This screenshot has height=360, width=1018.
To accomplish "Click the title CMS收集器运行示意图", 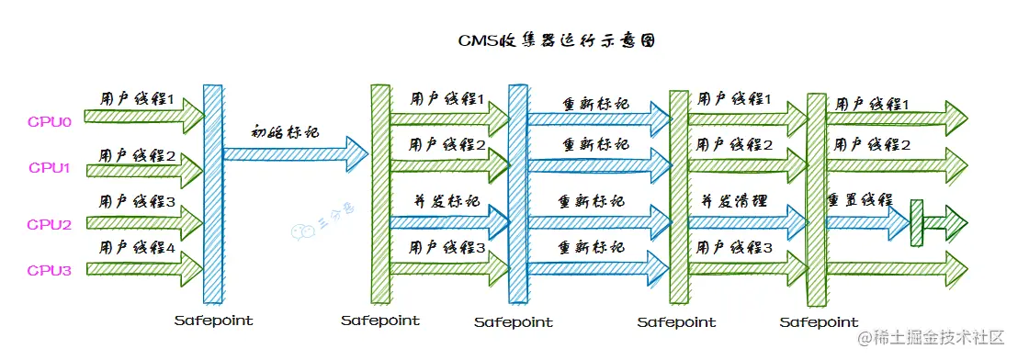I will (557, 41).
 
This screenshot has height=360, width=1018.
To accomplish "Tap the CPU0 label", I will (49, 118).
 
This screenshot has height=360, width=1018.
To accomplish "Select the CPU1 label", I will (49, 167).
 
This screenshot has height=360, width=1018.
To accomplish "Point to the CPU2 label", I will (49, 223).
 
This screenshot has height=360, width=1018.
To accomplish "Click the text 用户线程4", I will (137, 246).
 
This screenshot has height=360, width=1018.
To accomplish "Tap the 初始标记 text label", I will (285, 131).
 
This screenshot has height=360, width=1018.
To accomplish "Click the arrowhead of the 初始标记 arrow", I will (356, 148).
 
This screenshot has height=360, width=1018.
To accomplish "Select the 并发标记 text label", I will (447, 201).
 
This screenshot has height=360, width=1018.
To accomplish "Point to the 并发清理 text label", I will (734, 201).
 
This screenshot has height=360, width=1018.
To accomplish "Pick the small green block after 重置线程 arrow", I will (916, 222).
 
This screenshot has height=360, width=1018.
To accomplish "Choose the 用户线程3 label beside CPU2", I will (137, 200).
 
